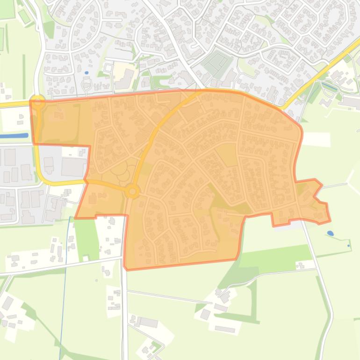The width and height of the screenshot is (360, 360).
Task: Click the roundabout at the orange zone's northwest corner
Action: pyautogui.click(x=38, y=101)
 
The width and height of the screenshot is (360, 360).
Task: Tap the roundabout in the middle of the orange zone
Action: pyautogui.click(x=132, y=191)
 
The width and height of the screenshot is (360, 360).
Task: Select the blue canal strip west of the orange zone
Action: pyautogui.click(x=14, y=136)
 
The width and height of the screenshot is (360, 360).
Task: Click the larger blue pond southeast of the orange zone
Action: pyautogui.click(x=331, y=233)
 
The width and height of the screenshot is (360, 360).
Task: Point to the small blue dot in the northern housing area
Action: pyautogui.click(x=87, y=73)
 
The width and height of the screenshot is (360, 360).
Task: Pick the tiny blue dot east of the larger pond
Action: pyautogui.click(x=349, y=245)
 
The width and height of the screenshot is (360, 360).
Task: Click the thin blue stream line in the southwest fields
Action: pyautogui.click(x=64, y=290)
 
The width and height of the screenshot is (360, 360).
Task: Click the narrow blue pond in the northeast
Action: pyautogui.click(x=330, y=86)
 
